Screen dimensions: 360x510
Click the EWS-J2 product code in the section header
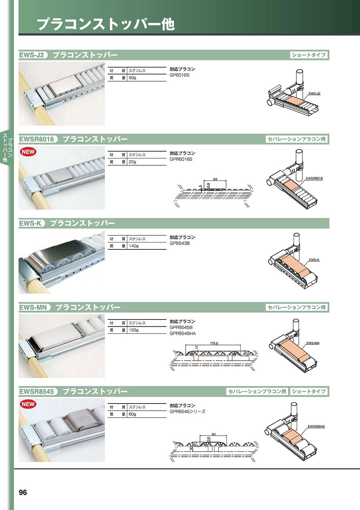pyautogui.click(x=32, y=55)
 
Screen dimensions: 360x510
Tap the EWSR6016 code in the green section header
pyautogui.click(x=37, y=139)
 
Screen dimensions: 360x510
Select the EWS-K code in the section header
pyautogui.click(x=30, y=223)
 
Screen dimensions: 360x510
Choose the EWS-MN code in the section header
pyautogui.click(x=33, y=307)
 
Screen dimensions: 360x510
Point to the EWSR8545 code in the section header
pyautogui.click(x=37, y=392)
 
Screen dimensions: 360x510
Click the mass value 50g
pyautogui.click(x=132, y=78)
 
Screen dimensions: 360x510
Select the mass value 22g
pyautogui.click(x=132, y=162)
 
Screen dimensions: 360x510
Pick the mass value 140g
pyautogui.click(x=134, y=246)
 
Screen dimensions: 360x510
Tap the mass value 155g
pyautogui.click(x=134, y=330)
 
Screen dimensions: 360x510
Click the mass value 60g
pyautogui.click(x=132, y=414)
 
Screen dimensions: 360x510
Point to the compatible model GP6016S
pyautogui.click(x=180, y=75)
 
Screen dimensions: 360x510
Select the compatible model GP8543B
pyautogui.click(x=180, y=243)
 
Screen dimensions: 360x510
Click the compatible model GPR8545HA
pyautogui.click(x=183, y=333)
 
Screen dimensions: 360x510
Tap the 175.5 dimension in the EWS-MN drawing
pyautogui.click(x=214, y=343)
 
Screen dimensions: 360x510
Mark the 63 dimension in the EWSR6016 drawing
pyautogui.click(x=215, y=179)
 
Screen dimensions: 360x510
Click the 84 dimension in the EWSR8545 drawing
pyautogui.click(x=214, y=434)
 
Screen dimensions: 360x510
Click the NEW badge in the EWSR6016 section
pyautogui.click(x=28, y=152)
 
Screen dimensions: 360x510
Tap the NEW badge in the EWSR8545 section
pyautogui.click(x=28, y=404)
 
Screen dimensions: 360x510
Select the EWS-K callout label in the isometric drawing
pyautogui.click(x=314, y=260)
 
